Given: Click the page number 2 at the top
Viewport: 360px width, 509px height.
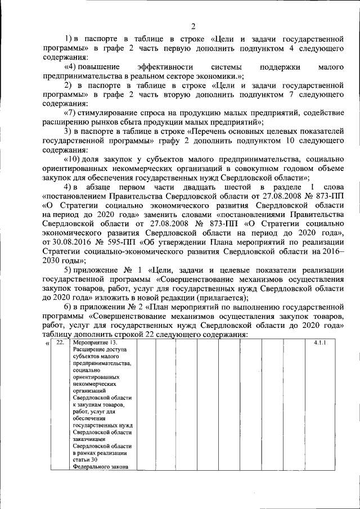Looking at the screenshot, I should (192, 26).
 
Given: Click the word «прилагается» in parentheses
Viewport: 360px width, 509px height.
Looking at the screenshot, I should (217, 298).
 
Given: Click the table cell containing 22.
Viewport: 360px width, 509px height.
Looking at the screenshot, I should (60, 343).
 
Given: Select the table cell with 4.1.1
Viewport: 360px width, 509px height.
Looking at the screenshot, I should (321, 343).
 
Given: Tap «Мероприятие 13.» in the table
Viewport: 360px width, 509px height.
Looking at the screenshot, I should (95, 343).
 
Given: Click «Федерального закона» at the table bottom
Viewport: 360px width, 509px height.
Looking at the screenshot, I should (98, 466).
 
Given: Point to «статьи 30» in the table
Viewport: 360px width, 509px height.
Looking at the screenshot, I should (85, 460).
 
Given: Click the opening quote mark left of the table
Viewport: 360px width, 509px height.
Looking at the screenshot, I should (47, 343).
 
